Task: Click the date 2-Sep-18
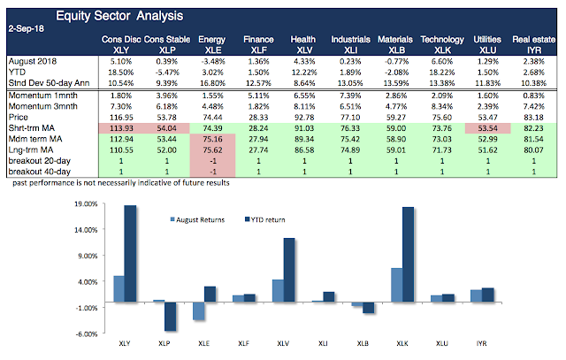[x=24, y=27]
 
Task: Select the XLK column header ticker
[x=440, y=51]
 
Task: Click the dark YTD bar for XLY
[x=130, y=256]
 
